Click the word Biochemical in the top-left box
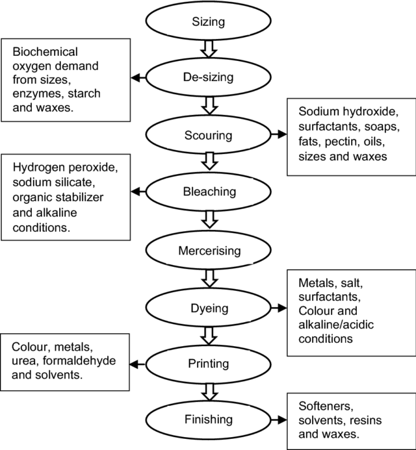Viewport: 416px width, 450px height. pyautogui.click(x=40, y=51)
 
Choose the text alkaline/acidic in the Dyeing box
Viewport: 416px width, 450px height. pyautogui.click(x=339, y=326)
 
